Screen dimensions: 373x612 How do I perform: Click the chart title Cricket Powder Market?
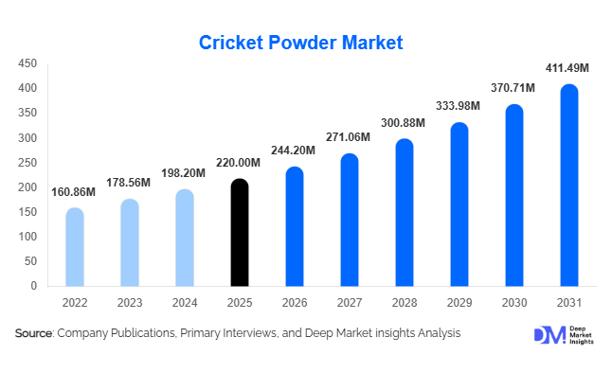point(301,43)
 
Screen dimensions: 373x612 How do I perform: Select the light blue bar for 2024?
point(185,237)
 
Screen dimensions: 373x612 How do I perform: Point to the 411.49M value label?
point(567,68)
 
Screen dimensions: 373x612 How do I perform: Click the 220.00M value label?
point(240,162)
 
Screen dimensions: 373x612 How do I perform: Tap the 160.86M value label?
point(72,191)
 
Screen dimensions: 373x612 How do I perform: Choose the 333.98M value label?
point(459,105)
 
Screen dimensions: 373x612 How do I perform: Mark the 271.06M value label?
point(348,137)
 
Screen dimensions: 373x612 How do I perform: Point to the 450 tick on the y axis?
point(27,63)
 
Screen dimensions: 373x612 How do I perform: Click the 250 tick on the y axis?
point(27,163)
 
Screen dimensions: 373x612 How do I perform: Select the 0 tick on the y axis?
point(34,286)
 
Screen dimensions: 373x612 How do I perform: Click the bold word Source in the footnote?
point(33,333)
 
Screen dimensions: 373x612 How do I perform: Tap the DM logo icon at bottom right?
point(548,335)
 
